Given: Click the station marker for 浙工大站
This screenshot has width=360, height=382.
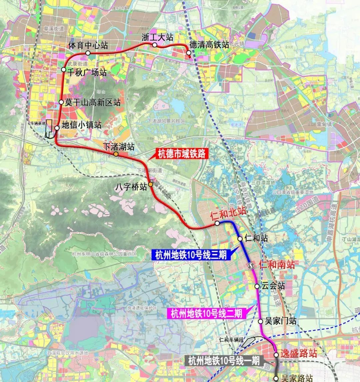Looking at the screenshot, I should tap(154, 45).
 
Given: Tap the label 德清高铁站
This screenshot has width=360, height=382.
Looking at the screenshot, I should tap(209, 45).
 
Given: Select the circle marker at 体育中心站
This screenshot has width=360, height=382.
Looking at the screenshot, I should tap(88, 53).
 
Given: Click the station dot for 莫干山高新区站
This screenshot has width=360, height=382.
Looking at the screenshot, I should tap(61, 102).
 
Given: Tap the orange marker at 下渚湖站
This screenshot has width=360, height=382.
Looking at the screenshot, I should tap(115, 154).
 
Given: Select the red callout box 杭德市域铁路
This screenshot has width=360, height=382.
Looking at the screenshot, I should tap(182, 154).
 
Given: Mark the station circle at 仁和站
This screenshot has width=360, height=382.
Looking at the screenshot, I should tap(240, 239).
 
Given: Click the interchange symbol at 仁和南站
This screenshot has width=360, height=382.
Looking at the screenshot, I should tap(251, 265).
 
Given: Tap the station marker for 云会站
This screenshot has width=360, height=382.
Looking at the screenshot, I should tap(257, 286).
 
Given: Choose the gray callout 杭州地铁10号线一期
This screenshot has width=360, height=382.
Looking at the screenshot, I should tap(224, 361).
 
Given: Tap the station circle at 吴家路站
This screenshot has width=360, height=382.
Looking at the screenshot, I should tap(276, 378).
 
